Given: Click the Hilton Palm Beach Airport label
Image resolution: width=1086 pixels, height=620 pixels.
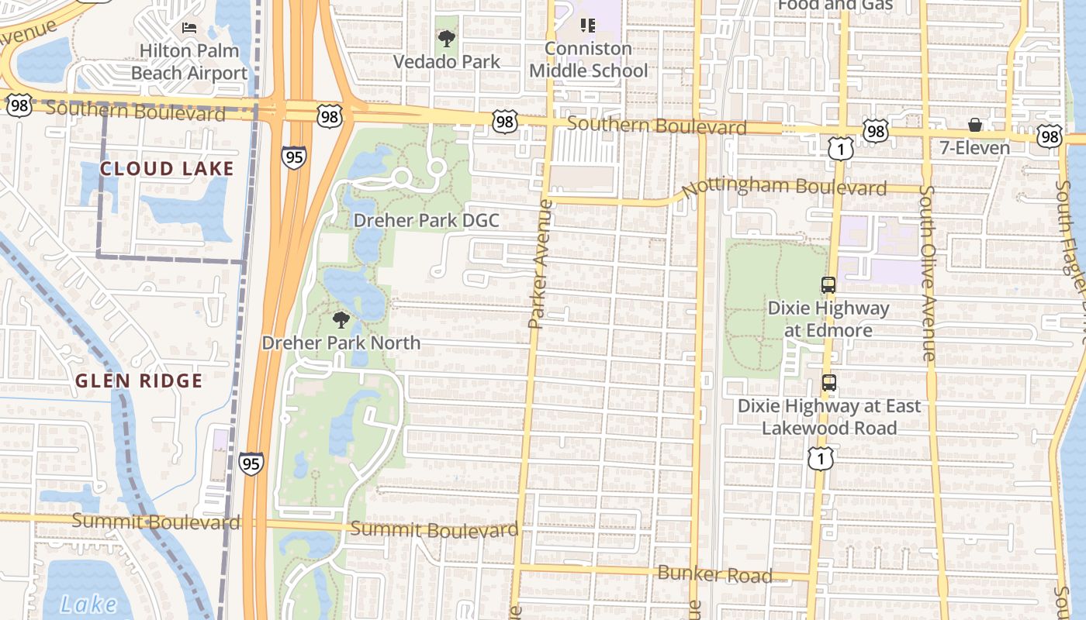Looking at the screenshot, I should (189, 62).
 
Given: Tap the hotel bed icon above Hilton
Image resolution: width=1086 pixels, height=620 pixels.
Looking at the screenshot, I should (189, 28).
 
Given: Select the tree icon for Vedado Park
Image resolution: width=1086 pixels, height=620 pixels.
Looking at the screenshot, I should (446, 38).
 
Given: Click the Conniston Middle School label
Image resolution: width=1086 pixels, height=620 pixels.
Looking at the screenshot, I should (588, 60).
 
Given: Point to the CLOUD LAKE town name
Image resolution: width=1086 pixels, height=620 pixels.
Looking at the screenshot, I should (167, 169).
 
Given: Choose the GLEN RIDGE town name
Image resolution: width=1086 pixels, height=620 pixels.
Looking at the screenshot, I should (139, 381).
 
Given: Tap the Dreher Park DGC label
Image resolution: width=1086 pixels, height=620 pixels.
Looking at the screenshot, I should (426, 220).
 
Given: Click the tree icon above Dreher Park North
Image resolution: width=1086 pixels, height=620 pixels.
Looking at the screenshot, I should (341, 319).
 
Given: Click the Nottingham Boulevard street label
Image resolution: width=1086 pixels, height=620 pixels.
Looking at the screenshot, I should (784, 186).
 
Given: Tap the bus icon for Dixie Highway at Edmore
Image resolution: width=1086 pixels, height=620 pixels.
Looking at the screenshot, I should (828, 284).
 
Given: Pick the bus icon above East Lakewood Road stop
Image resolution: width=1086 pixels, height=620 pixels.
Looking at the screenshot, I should (829, 382).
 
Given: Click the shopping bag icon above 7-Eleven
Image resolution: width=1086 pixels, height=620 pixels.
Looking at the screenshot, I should (975, 125).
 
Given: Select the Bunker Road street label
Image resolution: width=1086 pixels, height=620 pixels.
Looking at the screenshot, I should (714, 574).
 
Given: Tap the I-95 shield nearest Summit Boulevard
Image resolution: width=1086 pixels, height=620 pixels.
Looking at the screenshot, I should (251, 463).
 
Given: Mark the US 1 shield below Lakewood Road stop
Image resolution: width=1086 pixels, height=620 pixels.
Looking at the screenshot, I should (820, 458).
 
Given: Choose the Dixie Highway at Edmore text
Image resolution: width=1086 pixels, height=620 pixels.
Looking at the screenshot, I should (828, 319).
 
